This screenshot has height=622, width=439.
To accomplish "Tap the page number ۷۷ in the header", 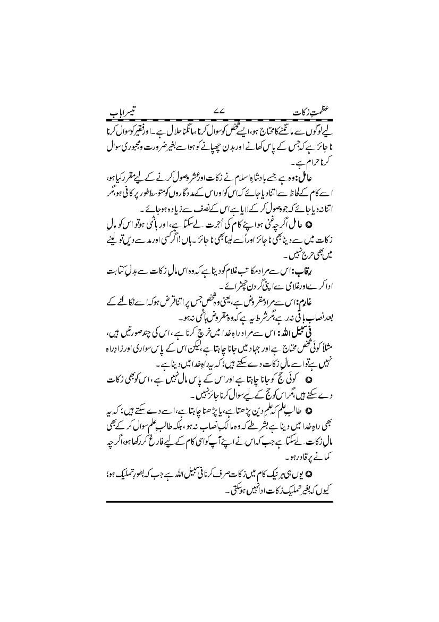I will [218, 113].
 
